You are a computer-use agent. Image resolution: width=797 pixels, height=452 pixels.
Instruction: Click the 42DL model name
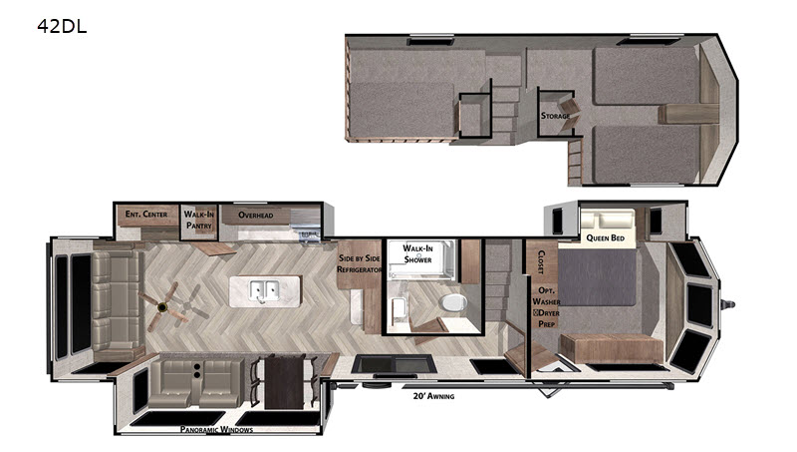point(62,26)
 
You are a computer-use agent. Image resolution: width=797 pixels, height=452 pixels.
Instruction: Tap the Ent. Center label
point(146,215)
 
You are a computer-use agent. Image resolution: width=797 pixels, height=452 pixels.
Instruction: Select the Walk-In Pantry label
point(198,220)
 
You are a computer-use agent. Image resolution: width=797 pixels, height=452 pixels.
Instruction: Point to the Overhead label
point(256,215)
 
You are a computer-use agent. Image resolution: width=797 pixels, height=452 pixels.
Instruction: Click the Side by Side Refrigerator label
point(360,263)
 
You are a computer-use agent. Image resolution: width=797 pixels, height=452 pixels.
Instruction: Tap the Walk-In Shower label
point(417,253)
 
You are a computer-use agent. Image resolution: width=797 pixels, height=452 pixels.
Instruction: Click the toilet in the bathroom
point(454,302)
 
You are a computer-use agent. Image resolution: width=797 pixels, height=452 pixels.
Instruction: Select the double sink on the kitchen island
point(265,291)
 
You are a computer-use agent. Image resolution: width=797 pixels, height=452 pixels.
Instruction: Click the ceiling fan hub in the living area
point(162,306)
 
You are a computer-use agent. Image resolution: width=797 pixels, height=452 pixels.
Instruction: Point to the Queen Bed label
point(606,237)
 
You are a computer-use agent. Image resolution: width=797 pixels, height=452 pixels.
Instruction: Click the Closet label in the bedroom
point(541,262)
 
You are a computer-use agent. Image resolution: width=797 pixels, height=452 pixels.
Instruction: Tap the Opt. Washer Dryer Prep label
point(546,307)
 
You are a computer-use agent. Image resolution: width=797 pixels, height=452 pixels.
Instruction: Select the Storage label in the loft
point(555,116)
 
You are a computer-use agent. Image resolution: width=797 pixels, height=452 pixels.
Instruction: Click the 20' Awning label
point(433,396)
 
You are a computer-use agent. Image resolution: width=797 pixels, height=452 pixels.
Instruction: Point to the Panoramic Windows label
point(216,430)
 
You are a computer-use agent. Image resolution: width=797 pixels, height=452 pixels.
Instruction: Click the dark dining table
point(284,382)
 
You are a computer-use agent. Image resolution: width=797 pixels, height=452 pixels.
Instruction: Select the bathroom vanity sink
point(399,308)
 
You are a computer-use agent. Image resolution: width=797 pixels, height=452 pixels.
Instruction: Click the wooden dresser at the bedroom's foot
point(612,349)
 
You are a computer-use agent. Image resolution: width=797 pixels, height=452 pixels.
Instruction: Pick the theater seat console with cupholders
point(196,371)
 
